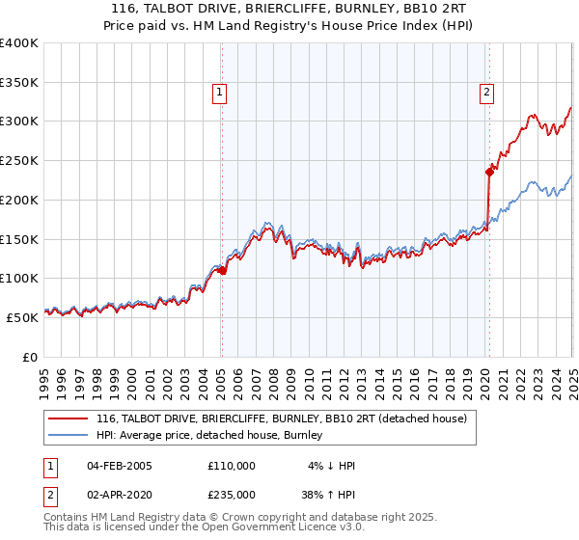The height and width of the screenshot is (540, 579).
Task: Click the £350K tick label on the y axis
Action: coord(19,83)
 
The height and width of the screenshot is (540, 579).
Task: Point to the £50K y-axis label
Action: coord(22,317)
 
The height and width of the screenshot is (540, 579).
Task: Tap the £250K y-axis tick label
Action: coord(19,161)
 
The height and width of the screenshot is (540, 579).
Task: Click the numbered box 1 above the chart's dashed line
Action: coord(220,94)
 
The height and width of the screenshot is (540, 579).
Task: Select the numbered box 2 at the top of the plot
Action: coord(486,94)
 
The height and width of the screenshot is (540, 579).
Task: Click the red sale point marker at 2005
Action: coord(222,271)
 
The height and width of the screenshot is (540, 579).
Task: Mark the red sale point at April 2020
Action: coord(488,173)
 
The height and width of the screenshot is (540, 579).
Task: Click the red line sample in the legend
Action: coord(68,418)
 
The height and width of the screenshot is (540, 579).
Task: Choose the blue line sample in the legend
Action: coord(68,435)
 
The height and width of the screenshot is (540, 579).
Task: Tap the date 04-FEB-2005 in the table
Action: coord(120,465)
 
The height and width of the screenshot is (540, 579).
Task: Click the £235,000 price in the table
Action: coord(232,493)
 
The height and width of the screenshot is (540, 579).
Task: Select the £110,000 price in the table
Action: coord(232,465)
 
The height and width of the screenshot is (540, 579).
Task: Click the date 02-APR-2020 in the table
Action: coord(120,493)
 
